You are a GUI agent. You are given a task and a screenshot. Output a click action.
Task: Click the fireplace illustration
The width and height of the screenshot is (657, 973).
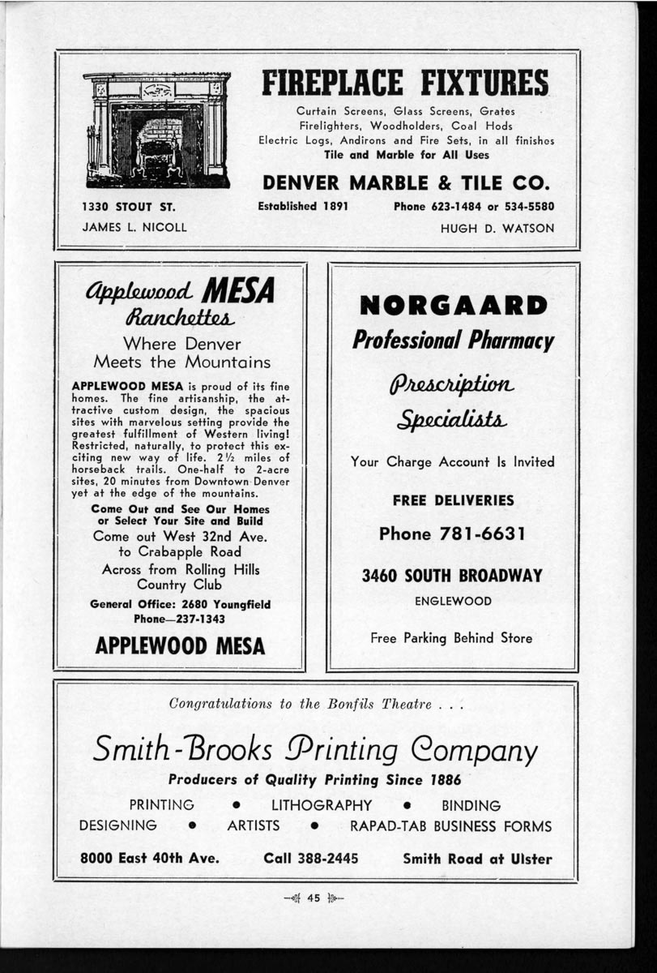coord(157,130)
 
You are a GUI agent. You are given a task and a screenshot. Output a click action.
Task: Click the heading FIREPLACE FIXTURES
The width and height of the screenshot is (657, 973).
coord(405,84)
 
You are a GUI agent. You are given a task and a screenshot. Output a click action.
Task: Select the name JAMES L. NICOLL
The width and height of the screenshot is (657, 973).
coord(134,228)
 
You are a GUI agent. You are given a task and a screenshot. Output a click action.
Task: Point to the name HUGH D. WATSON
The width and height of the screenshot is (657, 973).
coord(497,229)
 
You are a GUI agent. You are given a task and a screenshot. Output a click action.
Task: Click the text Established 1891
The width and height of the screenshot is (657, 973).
coord(303,207)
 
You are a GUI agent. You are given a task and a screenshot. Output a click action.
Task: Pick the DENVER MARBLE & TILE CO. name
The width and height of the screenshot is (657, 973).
coord(407,180)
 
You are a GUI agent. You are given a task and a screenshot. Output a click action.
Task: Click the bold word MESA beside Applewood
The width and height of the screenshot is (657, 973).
coord(237,289)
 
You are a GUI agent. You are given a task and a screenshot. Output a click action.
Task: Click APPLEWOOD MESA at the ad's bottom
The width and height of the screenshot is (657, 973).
coord(180,646)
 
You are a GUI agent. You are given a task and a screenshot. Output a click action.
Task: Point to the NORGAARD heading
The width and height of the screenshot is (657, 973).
coord(453,306)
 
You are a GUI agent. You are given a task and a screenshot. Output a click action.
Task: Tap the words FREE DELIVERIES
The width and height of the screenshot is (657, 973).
coord(453,501)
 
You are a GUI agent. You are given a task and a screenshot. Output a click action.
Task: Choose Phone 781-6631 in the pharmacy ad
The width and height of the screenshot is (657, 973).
coord(453,534)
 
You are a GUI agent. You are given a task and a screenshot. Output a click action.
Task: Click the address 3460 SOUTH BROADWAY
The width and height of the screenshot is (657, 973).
coord(452,577)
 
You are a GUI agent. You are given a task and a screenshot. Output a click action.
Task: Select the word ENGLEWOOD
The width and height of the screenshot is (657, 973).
coord(453,602)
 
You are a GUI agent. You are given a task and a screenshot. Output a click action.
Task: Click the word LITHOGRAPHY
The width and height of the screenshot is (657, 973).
coord(322,805)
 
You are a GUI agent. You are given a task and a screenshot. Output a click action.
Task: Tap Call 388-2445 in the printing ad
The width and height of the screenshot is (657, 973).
coord(311,859)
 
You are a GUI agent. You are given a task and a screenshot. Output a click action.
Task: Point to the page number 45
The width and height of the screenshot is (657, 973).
coord(314,897)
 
